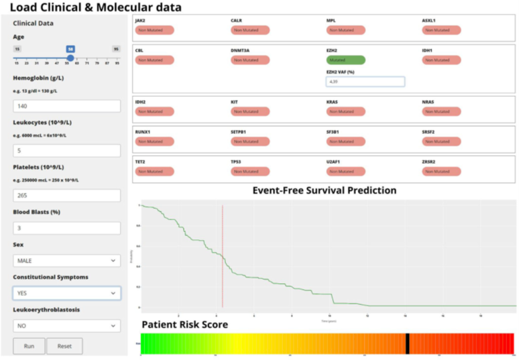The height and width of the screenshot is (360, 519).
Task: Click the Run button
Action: [x=29, y=346]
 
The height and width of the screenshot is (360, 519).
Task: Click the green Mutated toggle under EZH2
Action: [x=345, y=60]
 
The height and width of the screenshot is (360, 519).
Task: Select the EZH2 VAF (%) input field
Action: [x=365, y=82]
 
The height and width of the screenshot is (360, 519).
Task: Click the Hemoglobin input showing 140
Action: [x=66, y=106]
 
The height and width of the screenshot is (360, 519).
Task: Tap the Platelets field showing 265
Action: [x=66, y=196]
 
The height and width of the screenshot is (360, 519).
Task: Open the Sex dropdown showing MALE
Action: [x=66, y=261]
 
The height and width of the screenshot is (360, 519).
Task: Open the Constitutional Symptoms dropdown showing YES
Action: [x=66, y=293]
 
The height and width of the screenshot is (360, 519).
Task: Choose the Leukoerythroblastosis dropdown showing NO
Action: [x=66, y=326]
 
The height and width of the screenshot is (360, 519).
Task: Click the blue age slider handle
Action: [x=70, y=58]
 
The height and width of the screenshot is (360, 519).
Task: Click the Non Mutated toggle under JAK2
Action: [x=154, y=30]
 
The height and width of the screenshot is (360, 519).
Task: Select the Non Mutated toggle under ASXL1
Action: [x=441, y=30]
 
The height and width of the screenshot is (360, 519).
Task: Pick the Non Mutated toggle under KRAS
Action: [x=345, y=112]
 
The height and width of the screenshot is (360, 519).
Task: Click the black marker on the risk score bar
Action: [x=407, y=343]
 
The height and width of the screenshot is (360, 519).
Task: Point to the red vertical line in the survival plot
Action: [x=223, y=259]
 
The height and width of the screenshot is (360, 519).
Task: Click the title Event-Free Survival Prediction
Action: [x=324, y=190]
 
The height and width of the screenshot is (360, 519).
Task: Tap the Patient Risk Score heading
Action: [x=185, y=324]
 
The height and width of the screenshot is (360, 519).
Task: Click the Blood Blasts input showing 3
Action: [x=66, y=228]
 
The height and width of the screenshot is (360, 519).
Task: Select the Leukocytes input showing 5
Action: [x=66, y=150]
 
